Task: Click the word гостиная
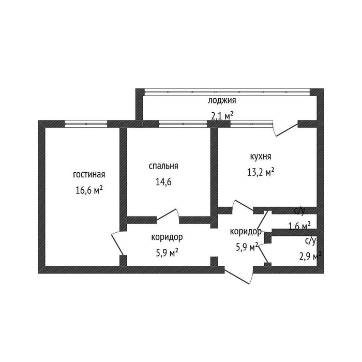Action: (x=89, y=175)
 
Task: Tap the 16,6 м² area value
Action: (x=89, y=190)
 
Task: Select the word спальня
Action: (x=163, y=166)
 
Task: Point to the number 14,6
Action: (x=163, y=182)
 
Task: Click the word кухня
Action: (x=261, y=157)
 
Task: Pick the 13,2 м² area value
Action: (x=261, y=172)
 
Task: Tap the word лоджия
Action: (x=222, y=101)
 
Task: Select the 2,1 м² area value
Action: (x=222, y=116)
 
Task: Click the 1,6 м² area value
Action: (x=299, y=226)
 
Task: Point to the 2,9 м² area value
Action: (x=310, y=256)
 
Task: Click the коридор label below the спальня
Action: (x=167, y=237)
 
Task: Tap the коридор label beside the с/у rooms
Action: (x=246, y=232)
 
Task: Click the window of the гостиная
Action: (x=86, y=124)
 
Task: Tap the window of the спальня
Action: (x=183, y=124)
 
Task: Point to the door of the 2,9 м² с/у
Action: (x=263, y=254)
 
